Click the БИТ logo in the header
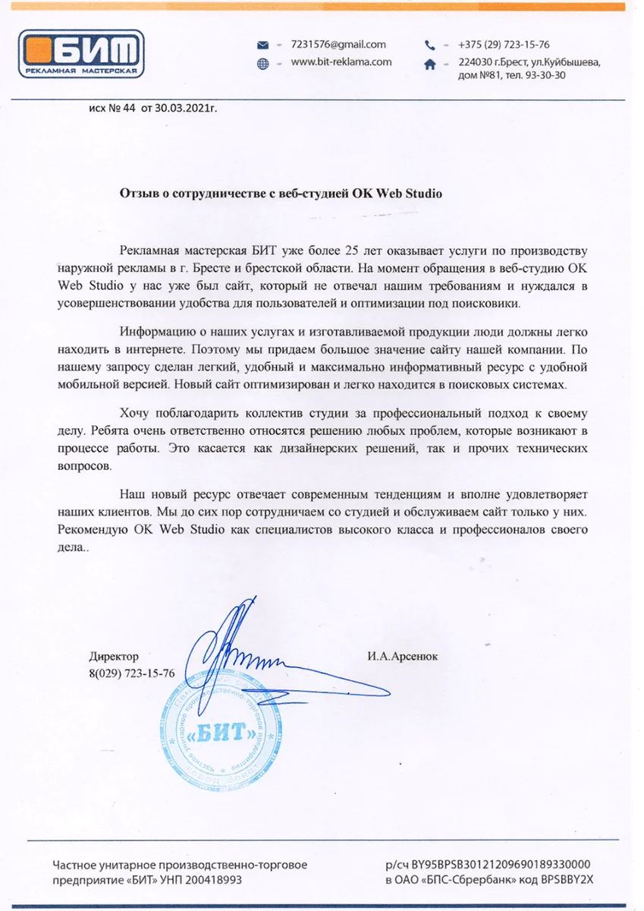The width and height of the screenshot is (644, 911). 80,53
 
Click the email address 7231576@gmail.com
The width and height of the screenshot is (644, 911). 338,45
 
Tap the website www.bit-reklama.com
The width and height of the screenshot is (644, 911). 341,62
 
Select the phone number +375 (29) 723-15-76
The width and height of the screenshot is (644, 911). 504,45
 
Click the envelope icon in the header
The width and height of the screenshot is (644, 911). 263,45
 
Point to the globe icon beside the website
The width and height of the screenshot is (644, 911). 263,63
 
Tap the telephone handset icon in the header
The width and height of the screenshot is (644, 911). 430,45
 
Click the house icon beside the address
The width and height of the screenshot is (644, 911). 430,66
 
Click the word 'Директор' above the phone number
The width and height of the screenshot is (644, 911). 114,656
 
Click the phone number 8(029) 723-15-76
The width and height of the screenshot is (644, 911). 131,673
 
